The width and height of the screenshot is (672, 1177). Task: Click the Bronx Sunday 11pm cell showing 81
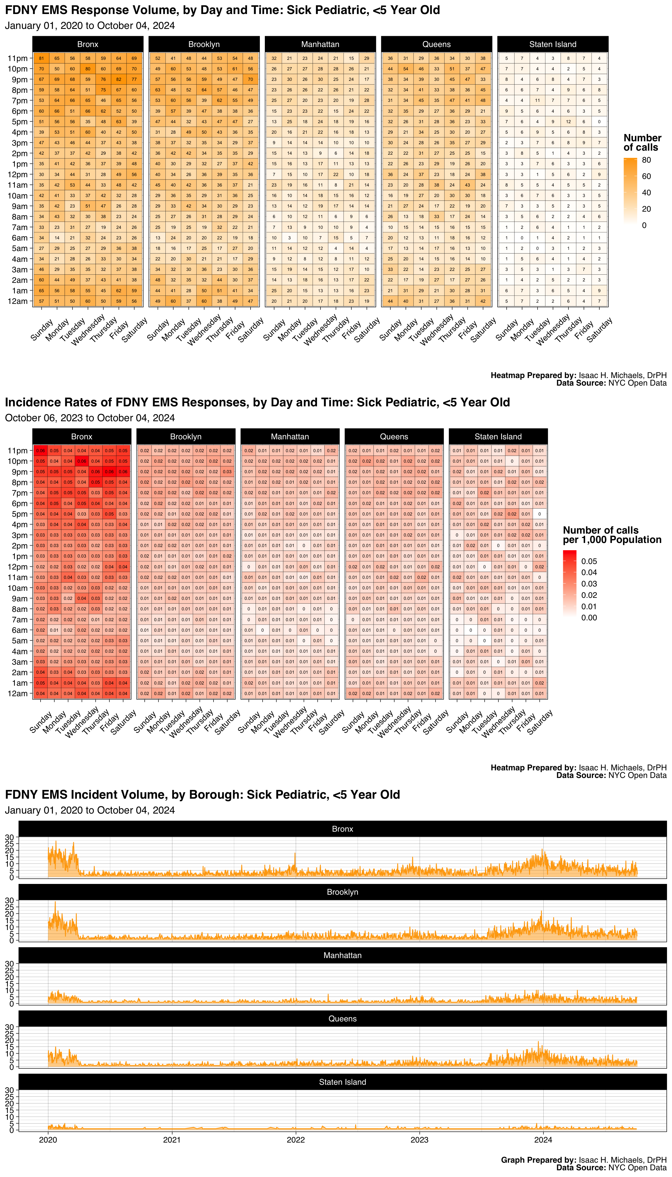41,58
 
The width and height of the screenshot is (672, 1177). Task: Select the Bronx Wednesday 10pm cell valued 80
88,69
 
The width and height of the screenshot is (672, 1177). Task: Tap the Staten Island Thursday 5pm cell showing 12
568,121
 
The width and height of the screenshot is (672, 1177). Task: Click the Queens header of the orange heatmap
436,44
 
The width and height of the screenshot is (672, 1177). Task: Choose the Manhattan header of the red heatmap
290,436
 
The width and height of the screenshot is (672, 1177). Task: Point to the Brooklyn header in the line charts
342,892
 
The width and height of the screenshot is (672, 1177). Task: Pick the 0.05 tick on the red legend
589,561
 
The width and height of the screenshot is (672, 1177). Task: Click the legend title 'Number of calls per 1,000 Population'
612,535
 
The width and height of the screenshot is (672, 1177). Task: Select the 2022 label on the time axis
295,1140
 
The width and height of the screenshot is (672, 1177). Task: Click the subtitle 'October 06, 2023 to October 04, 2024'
90,418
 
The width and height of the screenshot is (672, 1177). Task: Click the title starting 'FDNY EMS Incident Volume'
202,795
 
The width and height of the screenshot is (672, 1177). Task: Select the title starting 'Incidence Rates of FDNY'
257,402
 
